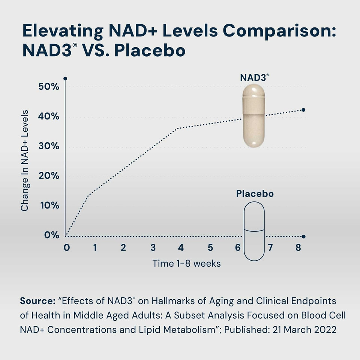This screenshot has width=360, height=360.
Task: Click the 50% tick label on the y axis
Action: click(49, 87)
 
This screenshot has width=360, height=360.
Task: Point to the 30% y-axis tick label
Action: click(49, 146)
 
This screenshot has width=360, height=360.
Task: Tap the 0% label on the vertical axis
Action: click(52, 235)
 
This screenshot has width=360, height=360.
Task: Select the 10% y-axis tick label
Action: click(49, 206)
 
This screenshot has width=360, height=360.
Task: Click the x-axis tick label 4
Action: click(181, 248)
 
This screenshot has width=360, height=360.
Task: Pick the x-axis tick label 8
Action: click(298, 248)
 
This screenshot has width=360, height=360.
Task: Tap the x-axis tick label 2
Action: click(123, 248)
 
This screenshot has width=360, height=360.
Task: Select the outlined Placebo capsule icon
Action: click(254, 231)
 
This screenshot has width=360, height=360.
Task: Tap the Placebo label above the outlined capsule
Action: click(255, 194)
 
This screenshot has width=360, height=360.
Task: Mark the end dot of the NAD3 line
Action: click(303, 110)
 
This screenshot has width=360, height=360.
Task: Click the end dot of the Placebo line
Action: click(303, 237)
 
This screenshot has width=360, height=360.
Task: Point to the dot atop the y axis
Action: click(65, 79)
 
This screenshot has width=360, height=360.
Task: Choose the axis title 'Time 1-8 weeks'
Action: click(186, 264)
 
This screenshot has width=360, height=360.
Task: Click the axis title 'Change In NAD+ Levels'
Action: click(25, 160)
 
